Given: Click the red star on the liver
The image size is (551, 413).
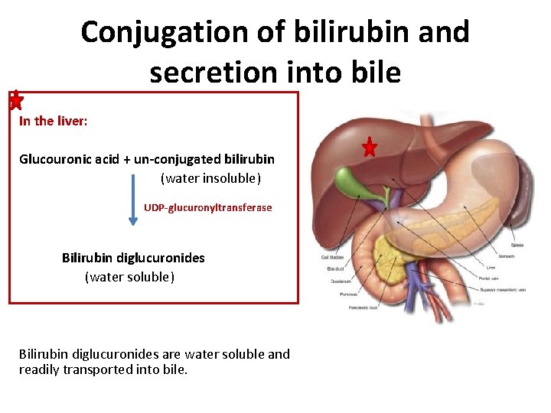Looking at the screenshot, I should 370,147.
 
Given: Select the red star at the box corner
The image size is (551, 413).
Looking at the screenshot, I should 15,99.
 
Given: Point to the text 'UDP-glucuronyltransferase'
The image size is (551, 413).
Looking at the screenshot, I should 207,207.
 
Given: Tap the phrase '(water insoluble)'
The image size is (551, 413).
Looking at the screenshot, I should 210,178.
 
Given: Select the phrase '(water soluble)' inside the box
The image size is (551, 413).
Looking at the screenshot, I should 129,276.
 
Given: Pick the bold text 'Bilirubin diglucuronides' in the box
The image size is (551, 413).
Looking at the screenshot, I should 133,258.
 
